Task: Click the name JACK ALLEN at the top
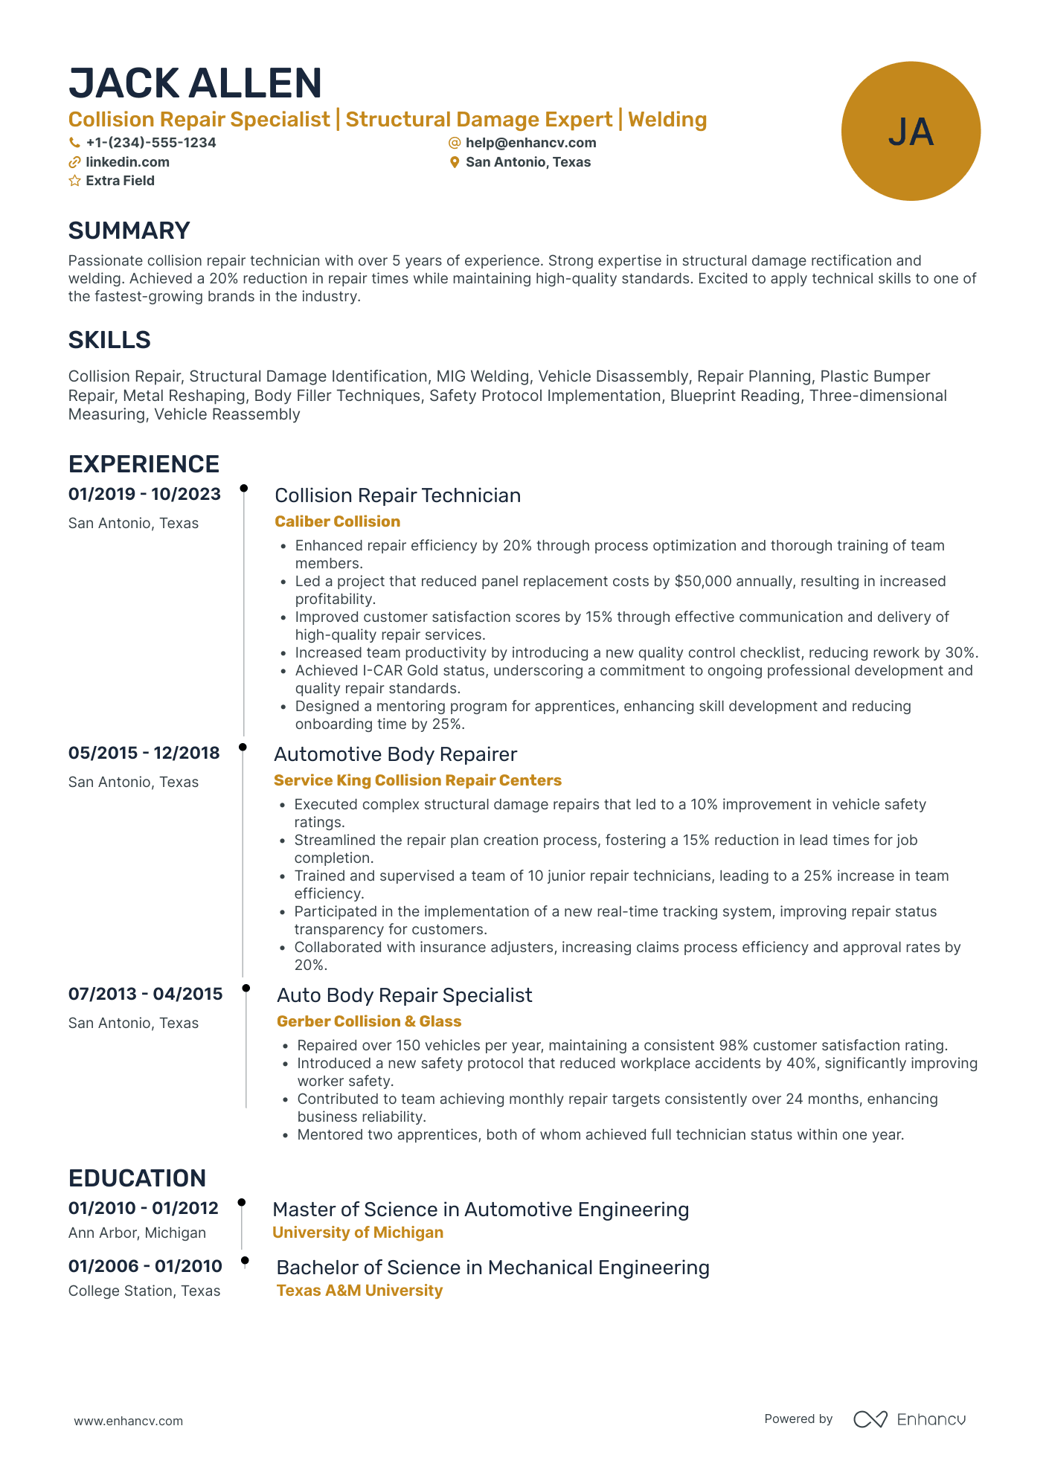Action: (x=195, y=83)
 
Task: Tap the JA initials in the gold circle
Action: (x=911, y=132)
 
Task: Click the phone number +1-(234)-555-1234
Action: (x=150, y=143)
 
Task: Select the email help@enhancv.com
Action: (x=530, y=143)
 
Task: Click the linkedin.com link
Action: (x=127, y=162)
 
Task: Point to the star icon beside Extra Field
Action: (x=74, y=181)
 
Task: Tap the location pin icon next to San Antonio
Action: (x=455, y=162)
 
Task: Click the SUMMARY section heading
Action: (x=129, y=231)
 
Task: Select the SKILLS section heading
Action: (x=109, y=340)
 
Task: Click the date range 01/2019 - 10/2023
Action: (x=144, y=495)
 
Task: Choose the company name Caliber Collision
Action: (x=337, y=521)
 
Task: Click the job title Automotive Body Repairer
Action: (x=395, y=754)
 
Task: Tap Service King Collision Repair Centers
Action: (x=417, y=780)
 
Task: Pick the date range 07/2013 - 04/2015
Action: (x=145, y=995)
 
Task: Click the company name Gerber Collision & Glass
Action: (x=369, y=1021)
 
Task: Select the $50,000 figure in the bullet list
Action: (x=703, y=582)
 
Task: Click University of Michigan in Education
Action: (x=358, y=1233)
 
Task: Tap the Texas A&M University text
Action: (x=359, y=1291)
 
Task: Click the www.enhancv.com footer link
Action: (x=128, y=1421)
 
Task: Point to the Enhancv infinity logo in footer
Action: (x=870, y=1419)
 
